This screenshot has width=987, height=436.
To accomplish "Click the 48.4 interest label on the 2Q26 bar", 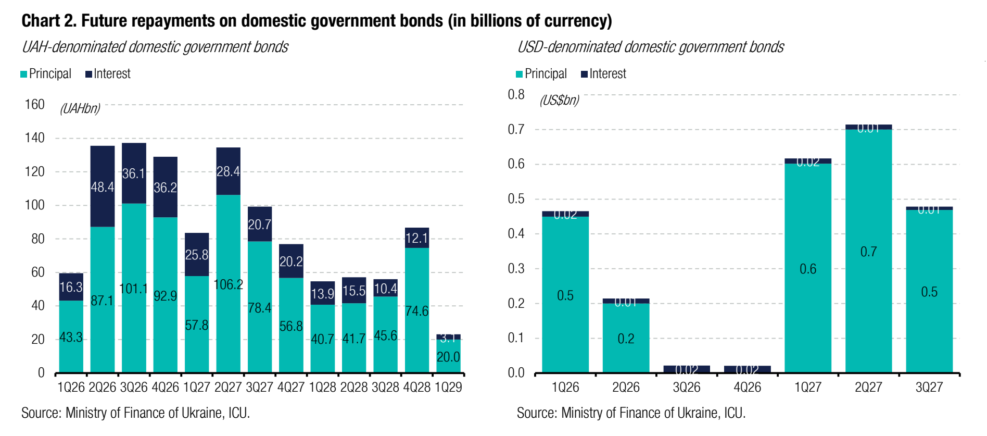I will (x=102, y=187).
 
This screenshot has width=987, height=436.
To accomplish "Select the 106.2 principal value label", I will (x=229, y=284).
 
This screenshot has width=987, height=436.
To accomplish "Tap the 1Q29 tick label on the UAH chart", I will (x=448, y=388).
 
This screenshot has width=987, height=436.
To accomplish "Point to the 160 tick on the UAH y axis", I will (x=35, y=105).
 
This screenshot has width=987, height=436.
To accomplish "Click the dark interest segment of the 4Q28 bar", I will (x=417, y=238).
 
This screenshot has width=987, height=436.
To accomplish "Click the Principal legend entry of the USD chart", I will (x=541, y=74).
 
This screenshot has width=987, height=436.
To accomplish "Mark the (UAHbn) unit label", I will (x=80, y=108).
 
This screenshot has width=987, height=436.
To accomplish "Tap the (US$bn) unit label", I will (x=559, y=100).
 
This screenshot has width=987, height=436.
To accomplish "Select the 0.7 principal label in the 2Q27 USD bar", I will (x=868, y=252).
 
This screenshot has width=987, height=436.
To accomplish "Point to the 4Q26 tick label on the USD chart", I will (x=747, y=388).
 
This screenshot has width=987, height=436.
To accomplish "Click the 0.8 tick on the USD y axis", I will (x=516, y=95).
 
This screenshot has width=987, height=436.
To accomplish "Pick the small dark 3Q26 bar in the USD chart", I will (x=687, y=369).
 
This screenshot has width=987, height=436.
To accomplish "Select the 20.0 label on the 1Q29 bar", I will (x=448, y=357).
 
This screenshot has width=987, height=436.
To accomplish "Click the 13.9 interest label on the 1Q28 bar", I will (x=322, y=294).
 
